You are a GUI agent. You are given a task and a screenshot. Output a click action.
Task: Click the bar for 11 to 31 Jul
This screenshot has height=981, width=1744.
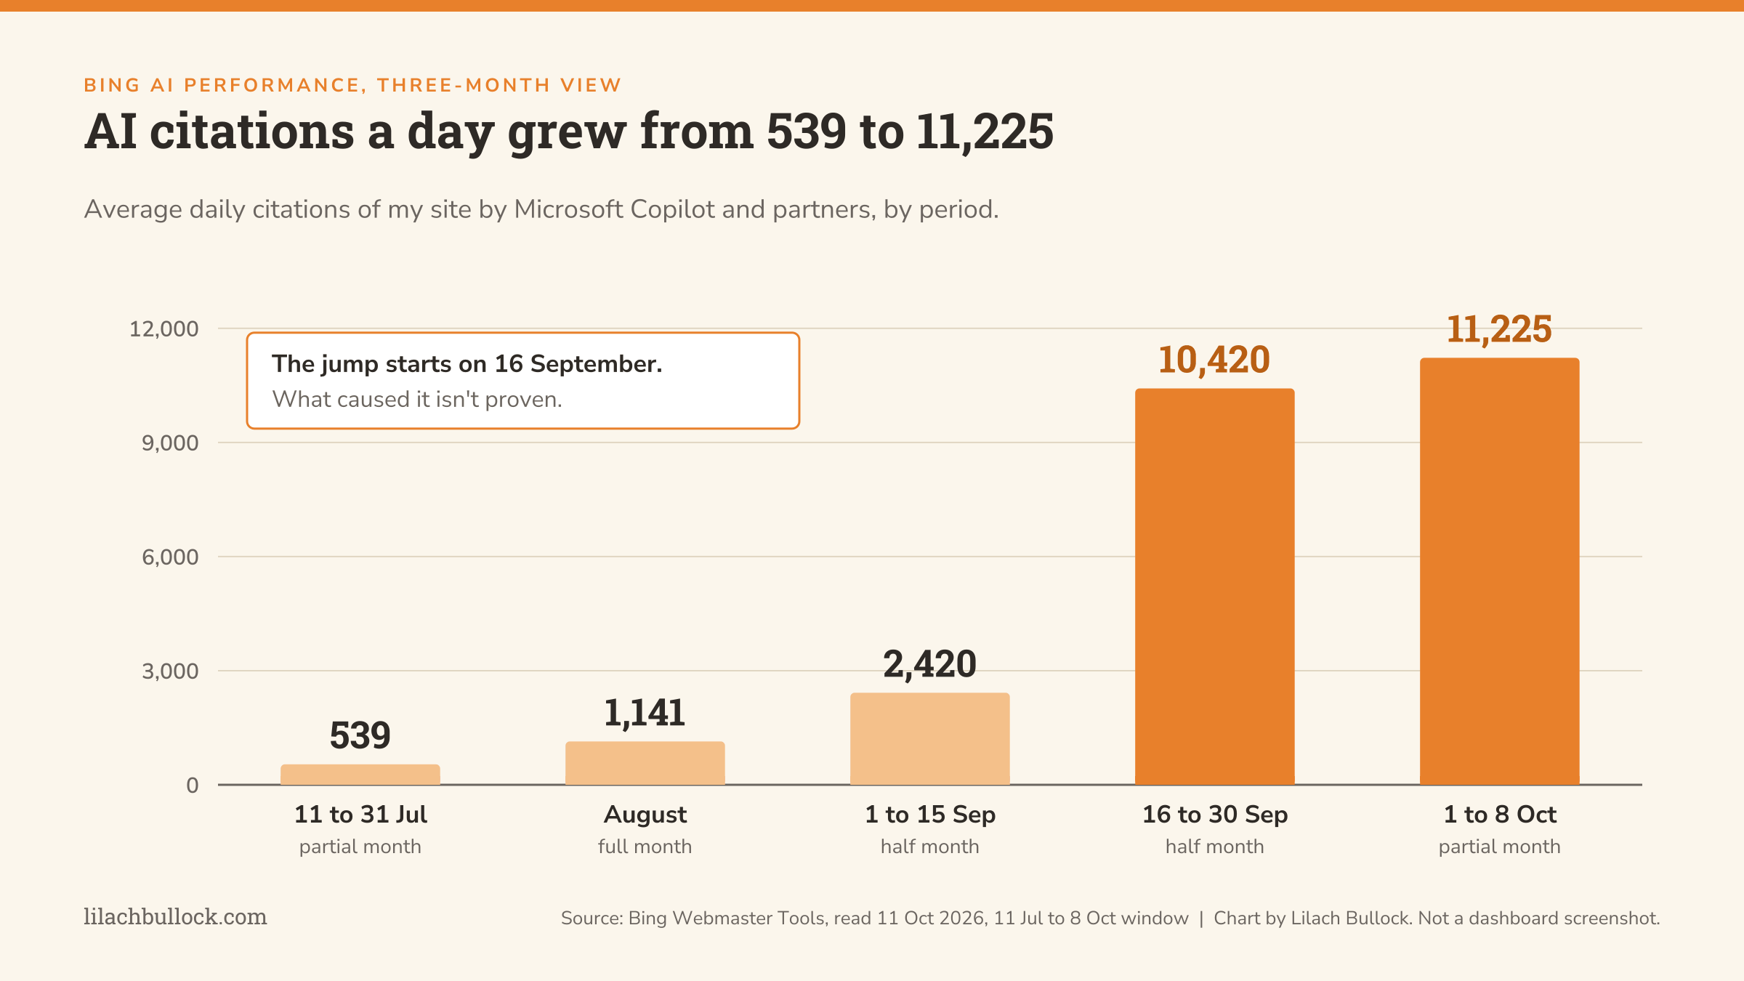tap(360, 775)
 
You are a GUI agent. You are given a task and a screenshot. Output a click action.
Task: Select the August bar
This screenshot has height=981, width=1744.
tap(645, 763)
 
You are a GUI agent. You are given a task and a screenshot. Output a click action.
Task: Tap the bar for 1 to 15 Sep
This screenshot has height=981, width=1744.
tap(930, 739)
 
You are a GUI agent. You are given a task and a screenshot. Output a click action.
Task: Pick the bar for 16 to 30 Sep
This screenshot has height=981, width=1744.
tap(1215, 586)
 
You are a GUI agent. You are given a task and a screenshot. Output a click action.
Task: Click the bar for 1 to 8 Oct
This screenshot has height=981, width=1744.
tap(1500, 571)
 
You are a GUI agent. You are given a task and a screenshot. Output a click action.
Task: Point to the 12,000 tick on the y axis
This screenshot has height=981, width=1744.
tap(163, 329)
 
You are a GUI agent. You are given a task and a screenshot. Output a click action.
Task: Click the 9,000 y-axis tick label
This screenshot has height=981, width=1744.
tap(170, 443)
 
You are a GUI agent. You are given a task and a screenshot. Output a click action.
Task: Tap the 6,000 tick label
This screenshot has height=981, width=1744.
tap(170, 557)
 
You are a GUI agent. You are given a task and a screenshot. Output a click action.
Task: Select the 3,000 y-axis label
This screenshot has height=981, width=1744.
tap(170, 671)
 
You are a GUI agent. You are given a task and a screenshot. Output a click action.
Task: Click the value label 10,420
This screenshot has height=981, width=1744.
tap(1214, 360)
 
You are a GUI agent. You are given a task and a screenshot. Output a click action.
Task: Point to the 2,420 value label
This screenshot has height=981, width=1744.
tap(930, 665)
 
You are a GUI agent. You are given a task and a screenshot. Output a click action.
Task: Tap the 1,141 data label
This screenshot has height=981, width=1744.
tap(645, 713)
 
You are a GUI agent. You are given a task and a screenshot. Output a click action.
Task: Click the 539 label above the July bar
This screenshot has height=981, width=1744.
tap(360, 735)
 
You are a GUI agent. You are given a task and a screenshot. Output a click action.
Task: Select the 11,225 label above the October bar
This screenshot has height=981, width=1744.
tap(1499, 330)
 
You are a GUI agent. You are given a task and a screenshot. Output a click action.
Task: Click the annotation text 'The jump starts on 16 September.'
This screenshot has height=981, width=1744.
tap(467, 364)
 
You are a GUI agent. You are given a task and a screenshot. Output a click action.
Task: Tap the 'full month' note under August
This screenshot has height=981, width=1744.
tap(645, 847)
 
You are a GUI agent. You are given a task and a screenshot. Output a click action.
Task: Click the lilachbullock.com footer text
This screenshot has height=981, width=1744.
tap(175, 917)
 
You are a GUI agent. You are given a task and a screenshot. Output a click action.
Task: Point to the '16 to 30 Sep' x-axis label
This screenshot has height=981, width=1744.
tap(1215, 815)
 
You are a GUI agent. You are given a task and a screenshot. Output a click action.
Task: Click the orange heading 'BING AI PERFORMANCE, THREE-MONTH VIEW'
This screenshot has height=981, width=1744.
tap(352, 86)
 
